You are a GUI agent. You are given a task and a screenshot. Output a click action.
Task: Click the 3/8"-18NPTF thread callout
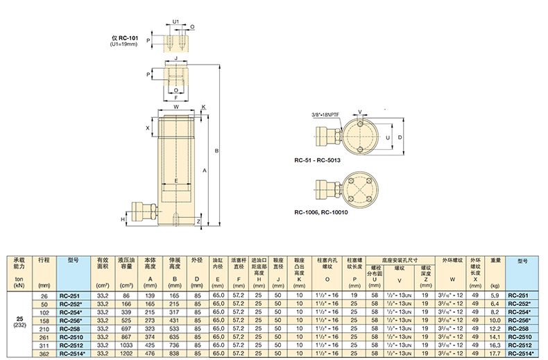(x=325, y=114)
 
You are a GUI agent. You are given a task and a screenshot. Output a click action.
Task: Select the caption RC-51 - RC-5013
(x=317, y=160)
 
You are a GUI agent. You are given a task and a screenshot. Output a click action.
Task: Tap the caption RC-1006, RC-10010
(x=321, y=212)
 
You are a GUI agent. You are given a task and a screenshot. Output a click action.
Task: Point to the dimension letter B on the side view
(x=216, y=151)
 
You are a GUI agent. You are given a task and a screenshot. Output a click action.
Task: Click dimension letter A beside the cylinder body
(x=205, y=171)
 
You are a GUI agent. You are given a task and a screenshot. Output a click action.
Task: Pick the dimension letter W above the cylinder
(x=176, y=107)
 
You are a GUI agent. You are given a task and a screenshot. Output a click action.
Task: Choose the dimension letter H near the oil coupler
(x=123, y=219)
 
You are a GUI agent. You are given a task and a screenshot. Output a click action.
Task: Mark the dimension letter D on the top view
(x=400, y=137)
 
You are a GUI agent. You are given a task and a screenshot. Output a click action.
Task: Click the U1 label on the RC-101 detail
(x=175, y=22)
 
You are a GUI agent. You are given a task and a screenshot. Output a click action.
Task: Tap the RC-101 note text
(x=124, y=40)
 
